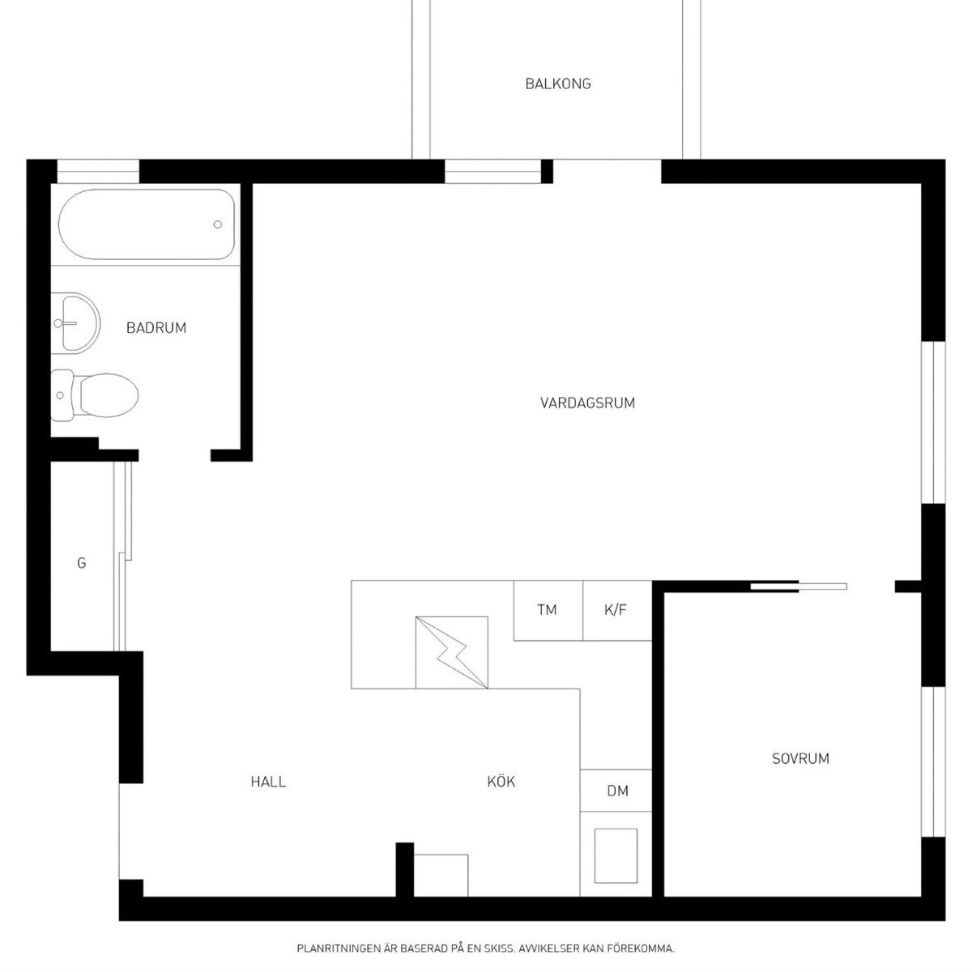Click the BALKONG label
coord(558,83)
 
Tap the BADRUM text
coord(156,328)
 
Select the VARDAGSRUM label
coord(587,403)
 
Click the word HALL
coord(268,782)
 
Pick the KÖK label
coord(501,782)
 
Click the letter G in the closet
coord(82,563)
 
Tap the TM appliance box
coord(548,611)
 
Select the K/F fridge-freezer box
coord(617,611)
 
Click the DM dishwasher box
coord(616,791)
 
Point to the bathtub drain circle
coord(218,224)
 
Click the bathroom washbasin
coord(75,323)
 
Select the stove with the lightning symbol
coord(451,652)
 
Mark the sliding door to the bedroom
coord(799,586)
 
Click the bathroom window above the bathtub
coord(98,172)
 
